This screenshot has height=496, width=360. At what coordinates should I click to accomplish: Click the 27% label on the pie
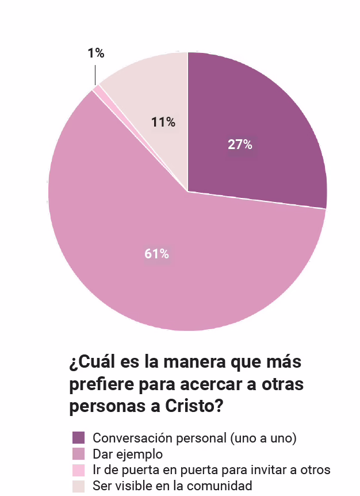[240, 145]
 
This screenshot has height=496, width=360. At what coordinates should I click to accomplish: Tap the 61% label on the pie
[156, 254]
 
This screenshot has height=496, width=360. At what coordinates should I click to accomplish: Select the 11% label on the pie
[163, 123]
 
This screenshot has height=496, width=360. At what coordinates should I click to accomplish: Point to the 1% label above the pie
[96, 54]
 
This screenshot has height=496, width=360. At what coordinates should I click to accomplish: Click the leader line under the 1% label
[95, 73]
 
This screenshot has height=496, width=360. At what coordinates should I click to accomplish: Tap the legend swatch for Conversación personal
[79, 438]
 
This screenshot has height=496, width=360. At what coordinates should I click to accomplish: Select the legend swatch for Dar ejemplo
[79, 454]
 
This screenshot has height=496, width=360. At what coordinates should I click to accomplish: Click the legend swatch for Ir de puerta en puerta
[79, 470]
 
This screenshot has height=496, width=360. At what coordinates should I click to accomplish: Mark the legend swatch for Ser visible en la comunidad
[79, 486]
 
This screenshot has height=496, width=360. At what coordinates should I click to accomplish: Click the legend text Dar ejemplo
[128, 454]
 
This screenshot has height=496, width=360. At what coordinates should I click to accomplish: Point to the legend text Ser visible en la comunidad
[173, 486]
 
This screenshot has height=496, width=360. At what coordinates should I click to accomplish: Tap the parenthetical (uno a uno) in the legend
[263, 438]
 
